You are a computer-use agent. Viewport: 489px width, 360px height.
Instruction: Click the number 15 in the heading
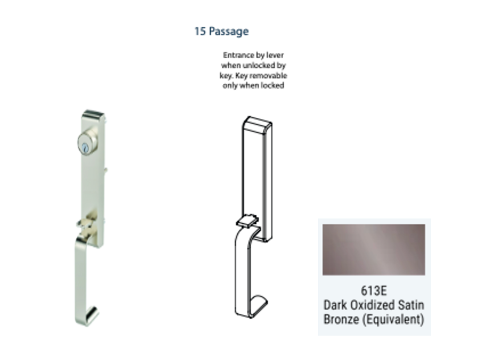point(200,31)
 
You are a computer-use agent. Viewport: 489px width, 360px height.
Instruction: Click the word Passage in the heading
point(229,32)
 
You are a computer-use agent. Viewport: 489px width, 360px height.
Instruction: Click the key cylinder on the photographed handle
point(87,143)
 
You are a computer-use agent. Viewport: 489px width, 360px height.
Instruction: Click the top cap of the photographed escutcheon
point(93,114)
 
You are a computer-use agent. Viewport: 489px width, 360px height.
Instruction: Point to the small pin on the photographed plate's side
point(106,170)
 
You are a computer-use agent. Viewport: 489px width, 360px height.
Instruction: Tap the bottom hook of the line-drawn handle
point(257,306)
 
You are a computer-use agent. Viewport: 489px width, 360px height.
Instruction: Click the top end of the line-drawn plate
point(257,123)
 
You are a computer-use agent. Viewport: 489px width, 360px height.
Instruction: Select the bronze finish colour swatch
point(374,249)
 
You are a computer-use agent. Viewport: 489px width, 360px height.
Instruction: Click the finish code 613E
point(374,291)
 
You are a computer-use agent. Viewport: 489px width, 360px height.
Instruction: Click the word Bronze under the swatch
point(341,319)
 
